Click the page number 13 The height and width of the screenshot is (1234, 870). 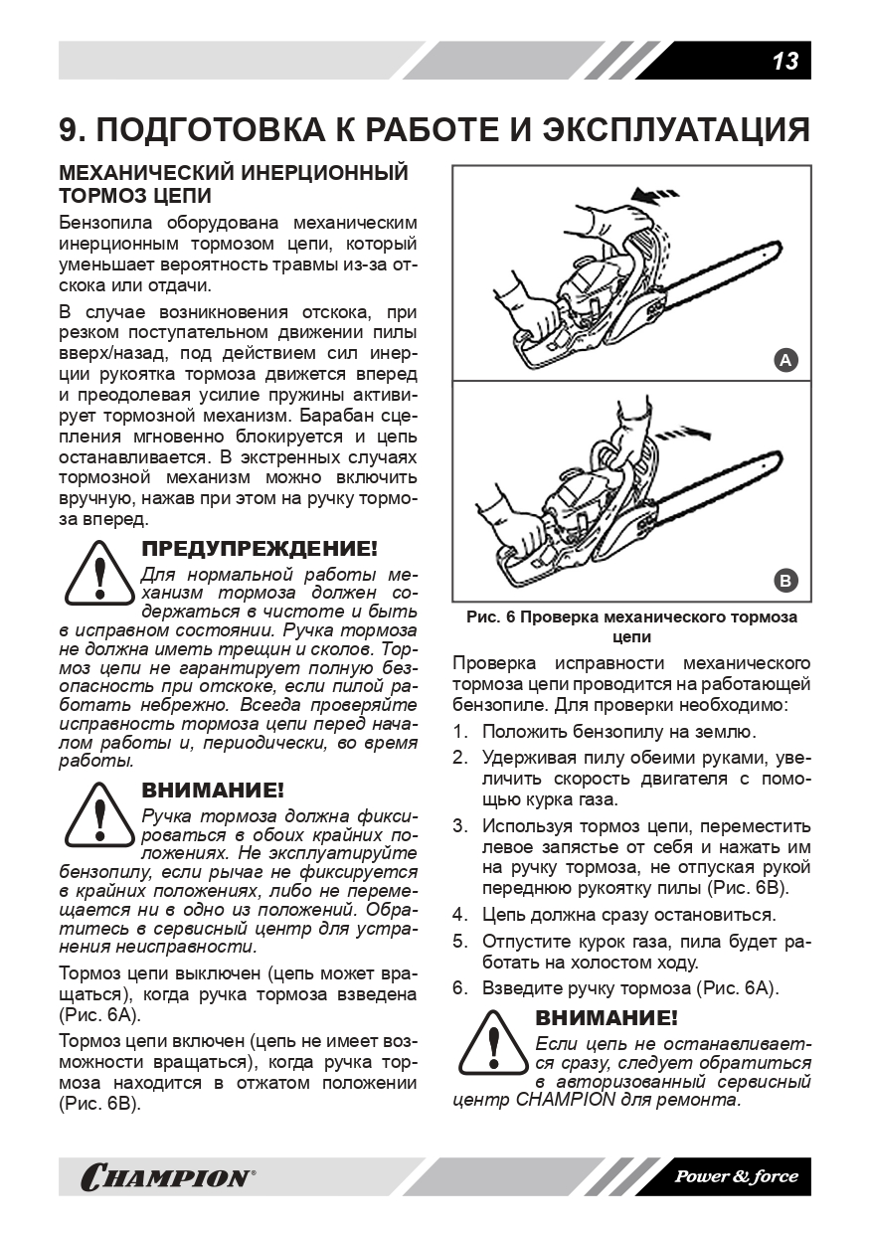pos(784,61)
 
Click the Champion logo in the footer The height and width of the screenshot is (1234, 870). pos(166,1177)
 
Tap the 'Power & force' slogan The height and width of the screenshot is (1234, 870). pos(737,1177)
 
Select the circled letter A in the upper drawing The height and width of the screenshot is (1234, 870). pos(785,360)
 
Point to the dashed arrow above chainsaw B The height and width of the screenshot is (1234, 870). pos(686,431)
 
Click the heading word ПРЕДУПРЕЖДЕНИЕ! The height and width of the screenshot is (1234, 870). pos(260,549)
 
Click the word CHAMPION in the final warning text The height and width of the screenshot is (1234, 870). pos(566,1101)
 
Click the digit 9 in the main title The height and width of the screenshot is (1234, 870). pos(70,130)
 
